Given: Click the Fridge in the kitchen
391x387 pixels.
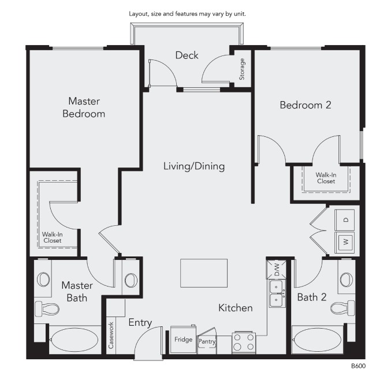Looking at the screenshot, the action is pos(183,340).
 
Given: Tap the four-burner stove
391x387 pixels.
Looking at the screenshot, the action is pos(244,343).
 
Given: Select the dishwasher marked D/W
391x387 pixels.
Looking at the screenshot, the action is pos(277,270).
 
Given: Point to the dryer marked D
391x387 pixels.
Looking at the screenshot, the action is pos(345,220).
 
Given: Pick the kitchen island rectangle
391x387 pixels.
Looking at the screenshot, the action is pos(204,273).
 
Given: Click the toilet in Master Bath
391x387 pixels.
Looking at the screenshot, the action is pos(47,309).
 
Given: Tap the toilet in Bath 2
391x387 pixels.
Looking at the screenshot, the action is pos(342,308).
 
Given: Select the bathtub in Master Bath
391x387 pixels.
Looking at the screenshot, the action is pos(75,340).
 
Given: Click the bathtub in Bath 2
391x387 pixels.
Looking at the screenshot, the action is pos(317,340).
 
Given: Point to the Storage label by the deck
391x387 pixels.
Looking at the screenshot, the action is pos(241,69).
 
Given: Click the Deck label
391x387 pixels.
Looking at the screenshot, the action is pos(187,55).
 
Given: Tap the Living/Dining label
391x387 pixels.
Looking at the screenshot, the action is pos(194,166).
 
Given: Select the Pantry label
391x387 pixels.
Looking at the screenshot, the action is pos(207,341).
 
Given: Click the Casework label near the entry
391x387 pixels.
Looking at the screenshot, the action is pos(111,336).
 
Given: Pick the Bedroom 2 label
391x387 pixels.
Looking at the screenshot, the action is pos(306,105).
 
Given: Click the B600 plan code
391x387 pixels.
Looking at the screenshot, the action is pos(358,366).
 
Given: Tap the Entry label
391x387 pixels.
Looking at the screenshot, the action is pos(140,322).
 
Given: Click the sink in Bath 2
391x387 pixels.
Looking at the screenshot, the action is pos(347,280).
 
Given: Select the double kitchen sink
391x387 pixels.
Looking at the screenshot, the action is pos(277,293).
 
